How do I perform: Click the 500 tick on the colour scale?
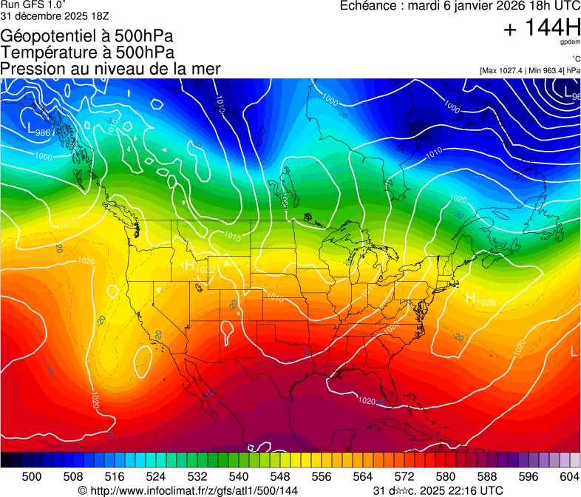click(x=31, y=476)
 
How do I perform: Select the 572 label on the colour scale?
click(x=404, y=476)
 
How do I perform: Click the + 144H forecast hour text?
click(x=542, y=28)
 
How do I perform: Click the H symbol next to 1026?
click(x=470, y=298)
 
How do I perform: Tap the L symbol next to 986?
click(x=30, y=129)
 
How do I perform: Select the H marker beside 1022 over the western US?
click(x=190, y=265)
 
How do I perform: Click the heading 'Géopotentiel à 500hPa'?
click(x=82, y=35)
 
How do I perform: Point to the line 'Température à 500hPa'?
click(x=87, y=53)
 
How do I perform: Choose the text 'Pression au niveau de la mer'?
click(x=110, y=69)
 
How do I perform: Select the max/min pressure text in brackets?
click(x=529, y=70)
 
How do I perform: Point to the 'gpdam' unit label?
click(x=570, y=42)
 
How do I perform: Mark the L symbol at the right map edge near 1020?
click(x=575, y=351)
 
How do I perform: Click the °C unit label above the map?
click(x=575, y=59)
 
